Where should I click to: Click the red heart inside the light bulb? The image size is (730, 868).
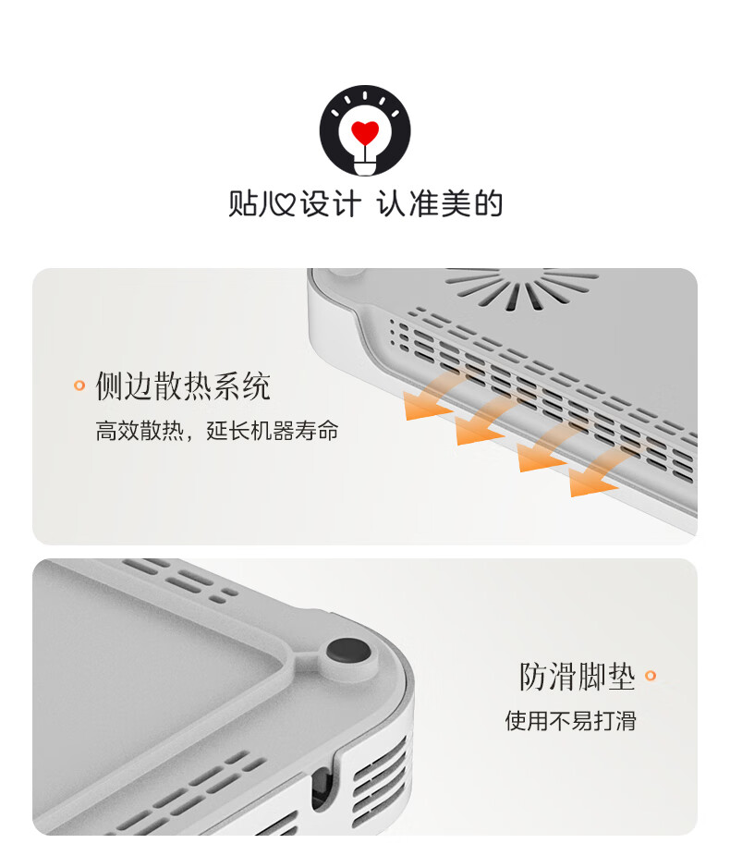pos(365,132)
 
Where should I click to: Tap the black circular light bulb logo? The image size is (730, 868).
pos(365,130)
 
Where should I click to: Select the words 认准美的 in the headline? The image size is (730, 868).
pos(440,203)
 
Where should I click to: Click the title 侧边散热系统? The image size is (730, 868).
pos(183,385)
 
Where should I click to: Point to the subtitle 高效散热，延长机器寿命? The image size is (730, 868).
pos(217,431)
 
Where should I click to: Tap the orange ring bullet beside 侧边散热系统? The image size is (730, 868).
pos(79,385)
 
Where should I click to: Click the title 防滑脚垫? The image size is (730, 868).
pos(577,676)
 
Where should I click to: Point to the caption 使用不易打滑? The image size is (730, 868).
pos(571,721)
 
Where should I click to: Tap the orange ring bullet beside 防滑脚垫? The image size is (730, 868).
pos(651,676)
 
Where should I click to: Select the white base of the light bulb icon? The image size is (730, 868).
pos(365,165)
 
